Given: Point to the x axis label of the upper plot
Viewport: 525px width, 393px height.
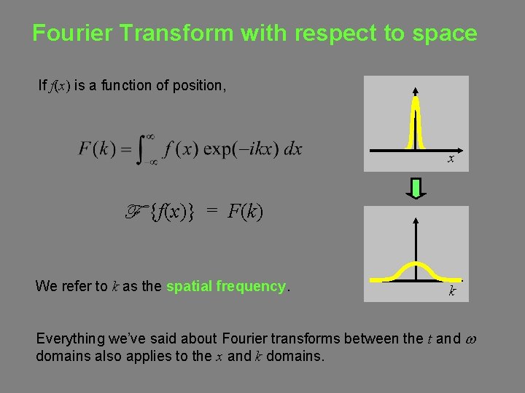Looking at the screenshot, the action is coord(451,158).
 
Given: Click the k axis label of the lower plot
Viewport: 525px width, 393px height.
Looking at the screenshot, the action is coord(452,291).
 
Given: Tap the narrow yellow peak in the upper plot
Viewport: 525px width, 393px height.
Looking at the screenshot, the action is coord(415,124).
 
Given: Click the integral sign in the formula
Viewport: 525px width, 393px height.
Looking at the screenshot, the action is coord(144,150).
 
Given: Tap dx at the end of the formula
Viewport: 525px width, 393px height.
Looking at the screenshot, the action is coord(292,149).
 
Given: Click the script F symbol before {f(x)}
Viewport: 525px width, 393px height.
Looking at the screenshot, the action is coord(136,212).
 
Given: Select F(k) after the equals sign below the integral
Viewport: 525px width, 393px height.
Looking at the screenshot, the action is coord(245,213).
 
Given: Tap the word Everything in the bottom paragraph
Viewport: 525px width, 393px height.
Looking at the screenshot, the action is coord(71,338).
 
